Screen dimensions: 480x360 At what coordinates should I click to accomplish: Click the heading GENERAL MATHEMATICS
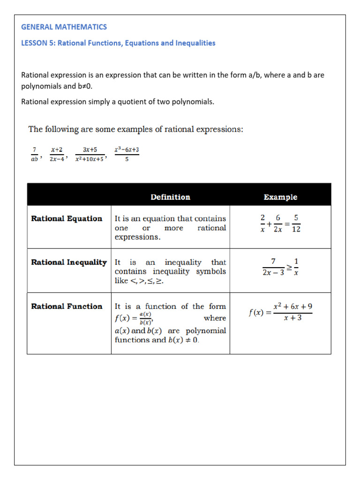64,27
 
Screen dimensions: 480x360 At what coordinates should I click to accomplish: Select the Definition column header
170,197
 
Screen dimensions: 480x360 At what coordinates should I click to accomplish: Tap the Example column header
280,197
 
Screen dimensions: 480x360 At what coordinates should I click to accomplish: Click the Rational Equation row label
67,218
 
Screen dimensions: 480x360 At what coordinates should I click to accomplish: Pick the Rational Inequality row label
69,262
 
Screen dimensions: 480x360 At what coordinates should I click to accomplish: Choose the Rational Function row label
67,307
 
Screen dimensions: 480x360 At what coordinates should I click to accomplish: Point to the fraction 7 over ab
34,154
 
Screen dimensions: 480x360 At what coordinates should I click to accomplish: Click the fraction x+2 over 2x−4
58,154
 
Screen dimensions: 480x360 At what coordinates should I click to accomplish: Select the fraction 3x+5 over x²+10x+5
90,154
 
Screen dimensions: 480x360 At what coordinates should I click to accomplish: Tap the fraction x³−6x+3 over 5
127,154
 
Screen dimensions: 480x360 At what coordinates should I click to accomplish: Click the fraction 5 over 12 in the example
296,224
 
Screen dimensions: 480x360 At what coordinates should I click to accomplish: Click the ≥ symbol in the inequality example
289,267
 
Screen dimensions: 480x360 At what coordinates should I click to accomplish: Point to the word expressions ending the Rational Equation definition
137,237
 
